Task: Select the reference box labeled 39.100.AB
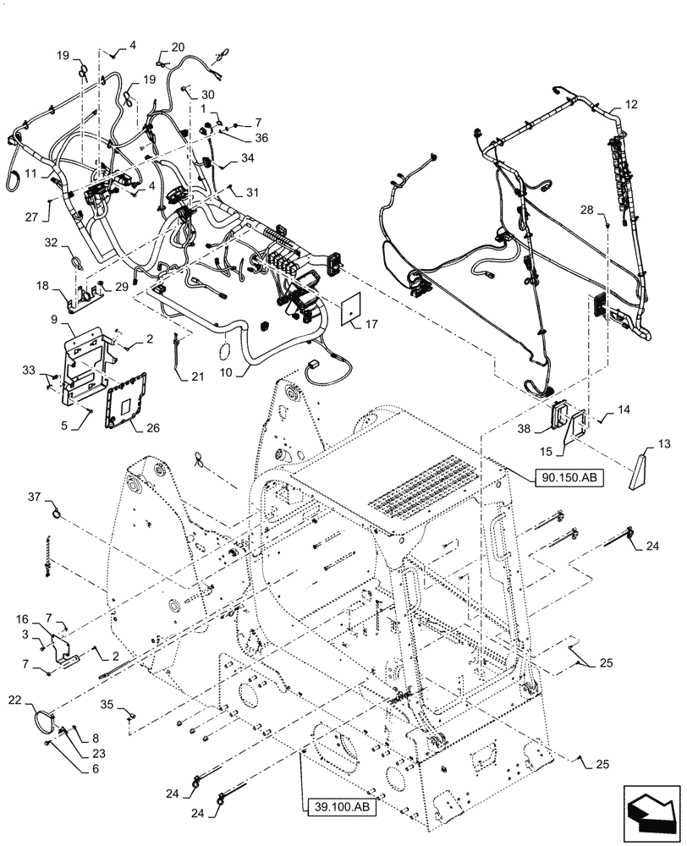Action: pos(337,807)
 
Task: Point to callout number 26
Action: pos(152,428)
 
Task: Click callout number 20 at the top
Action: pos(178,47)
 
